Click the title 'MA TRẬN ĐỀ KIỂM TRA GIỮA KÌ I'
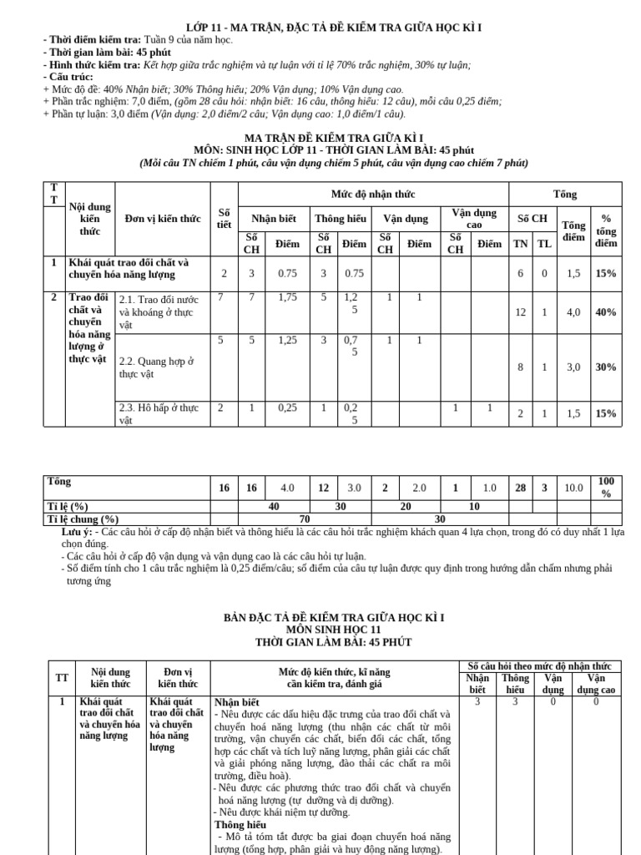coord(333,137)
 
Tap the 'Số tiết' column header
coord(224,218)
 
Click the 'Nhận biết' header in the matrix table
coord(274,219)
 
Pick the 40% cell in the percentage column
coord(606,312)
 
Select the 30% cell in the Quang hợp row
coord(606,367)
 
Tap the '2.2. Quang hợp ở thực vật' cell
coord(156,367)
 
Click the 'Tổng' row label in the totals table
coord(59,482)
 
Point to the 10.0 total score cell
coord(573,488)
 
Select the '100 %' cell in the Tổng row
coord(606,488)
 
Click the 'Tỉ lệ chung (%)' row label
coord(83,519)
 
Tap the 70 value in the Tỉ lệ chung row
coord(305,519)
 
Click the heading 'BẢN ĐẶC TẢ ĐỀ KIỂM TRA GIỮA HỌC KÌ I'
coord(333,617)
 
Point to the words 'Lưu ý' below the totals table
coord(77,531)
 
